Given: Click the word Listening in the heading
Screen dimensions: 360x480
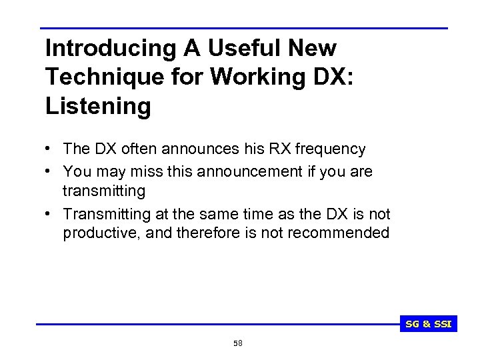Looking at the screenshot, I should coord(98,105).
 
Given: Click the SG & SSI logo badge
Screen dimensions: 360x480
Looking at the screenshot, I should coord(429,325).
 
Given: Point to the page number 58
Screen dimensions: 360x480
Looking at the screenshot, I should coord(238,343).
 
